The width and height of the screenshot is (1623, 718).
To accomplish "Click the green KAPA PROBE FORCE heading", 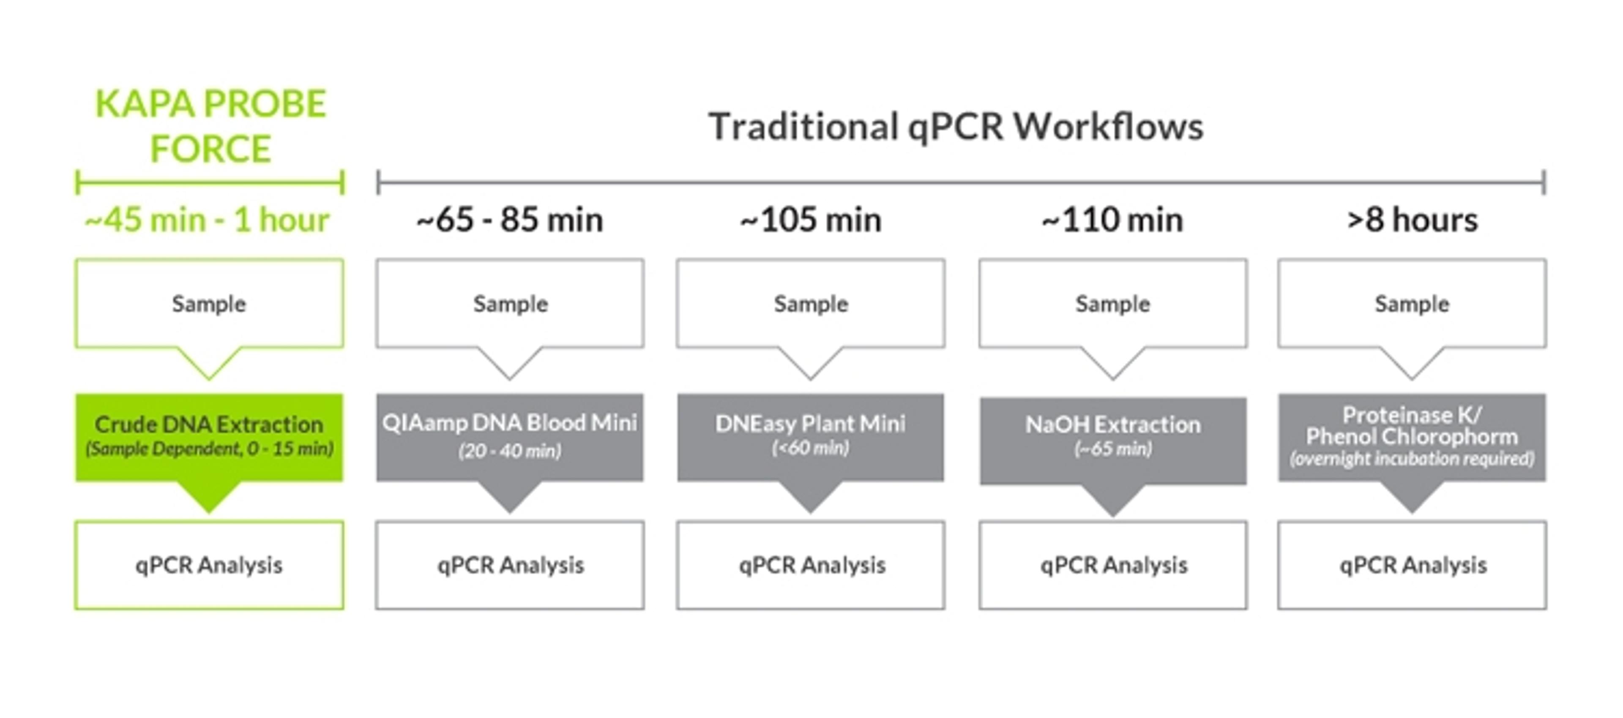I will [210, 126].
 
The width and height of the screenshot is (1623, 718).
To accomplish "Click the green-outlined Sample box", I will [209, 304].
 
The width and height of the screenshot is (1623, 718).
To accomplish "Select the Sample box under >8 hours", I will [1412, 304].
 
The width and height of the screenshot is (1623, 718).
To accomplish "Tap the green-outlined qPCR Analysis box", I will [209, 565].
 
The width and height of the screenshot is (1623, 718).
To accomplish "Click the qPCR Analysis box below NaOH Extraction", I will [1113, 565].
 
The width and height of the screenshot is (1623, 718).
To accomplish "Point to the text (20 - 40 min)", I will [510, 451].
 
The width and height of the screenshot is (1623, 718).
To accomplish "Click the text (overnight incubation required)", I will [1412, 459].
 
